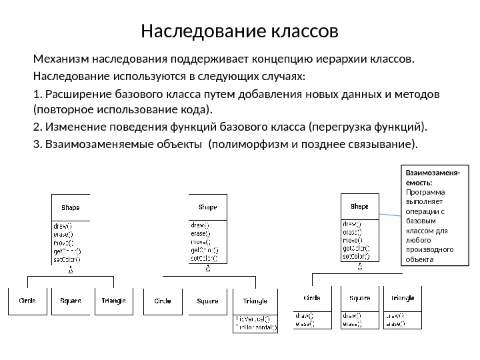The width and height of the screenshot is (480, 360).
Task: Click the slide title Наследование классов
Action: (240, 31)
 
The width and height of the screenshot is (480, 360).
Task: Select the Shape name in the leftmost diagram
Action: (71, 207)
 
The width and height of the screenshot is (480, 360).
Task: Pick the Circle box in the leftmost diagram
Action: (27, 301)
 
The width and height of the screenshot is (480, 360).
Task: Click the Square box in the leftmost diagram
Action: (71, 301)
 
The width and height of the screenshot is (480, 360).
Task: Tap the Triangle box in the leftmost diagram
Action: (113, 301)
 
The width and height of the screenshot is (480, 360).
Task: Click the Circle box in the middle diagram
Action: (163, 301)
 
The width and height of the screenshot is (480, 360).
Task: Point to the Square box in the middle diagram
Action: (207, 301)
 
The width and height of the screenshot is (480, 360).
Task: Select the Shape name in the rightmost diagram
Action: (359, 207)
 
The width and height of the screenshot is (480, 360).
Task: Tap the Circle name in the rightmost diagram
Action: (313, 298)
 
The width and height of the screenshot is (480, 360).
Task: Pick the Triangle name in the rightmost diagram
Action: (403, 298)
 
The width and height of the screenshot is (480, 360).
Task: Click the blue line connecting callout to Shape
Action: (391, 215)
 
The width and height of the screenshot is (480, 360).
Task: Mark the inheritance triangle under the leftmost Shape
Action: (71, 271)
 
